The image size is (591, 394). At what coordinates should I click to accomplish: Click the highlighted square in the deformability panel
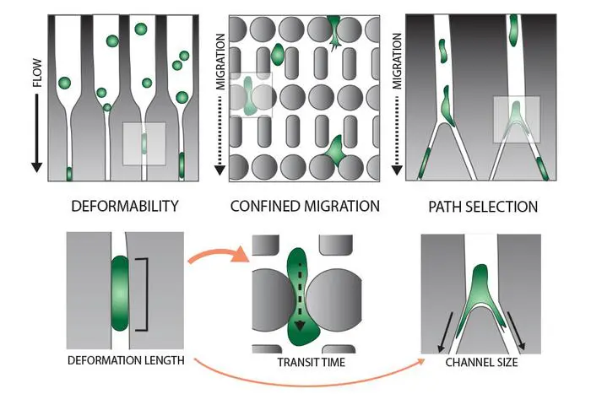point(144,143)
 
